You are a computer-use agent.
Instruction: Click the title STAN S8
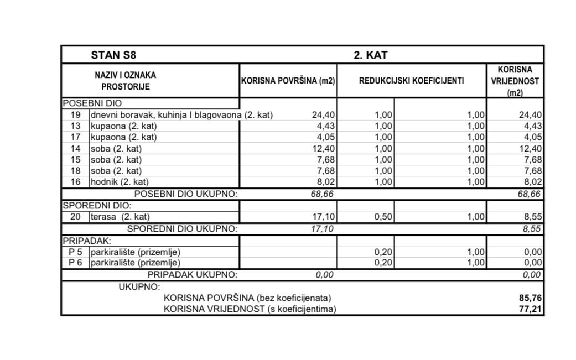click(x=113, y=55)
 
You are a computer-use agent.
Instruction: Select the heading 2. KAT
click(x=371, y=55)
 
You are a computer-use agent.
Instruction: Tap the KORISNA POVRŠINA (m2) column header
click(x=288, y=81)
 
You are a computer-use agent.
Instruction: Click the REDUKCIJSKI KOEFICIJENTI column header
click(x=412, y=81)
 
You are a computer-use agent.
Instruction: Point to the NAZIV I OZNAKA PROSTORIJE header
click(x=126, y=81)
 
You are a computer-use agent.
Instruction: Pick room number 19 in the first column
click(x=76, y=115)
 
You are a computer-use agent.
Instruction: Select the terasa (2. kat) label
click(x=120, y=217)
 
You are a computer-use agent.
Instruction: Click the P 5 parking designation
click(x=75, y=252)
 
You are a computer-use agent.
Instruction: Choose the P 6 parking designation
click(x=75, y=263)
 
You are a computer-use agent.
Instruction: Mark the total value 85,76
click(x=530, y=298)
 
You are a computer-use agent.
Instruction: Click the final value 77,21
click(x=530, y=309)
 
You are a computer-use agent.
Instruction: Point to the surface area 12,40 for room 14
click(x=323, y=149)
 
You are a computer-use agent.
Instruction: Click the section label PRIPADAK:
click(x=87, y=241)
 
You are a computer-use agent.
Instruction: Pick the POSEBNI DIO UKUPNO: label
click(x=186, y=194)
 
